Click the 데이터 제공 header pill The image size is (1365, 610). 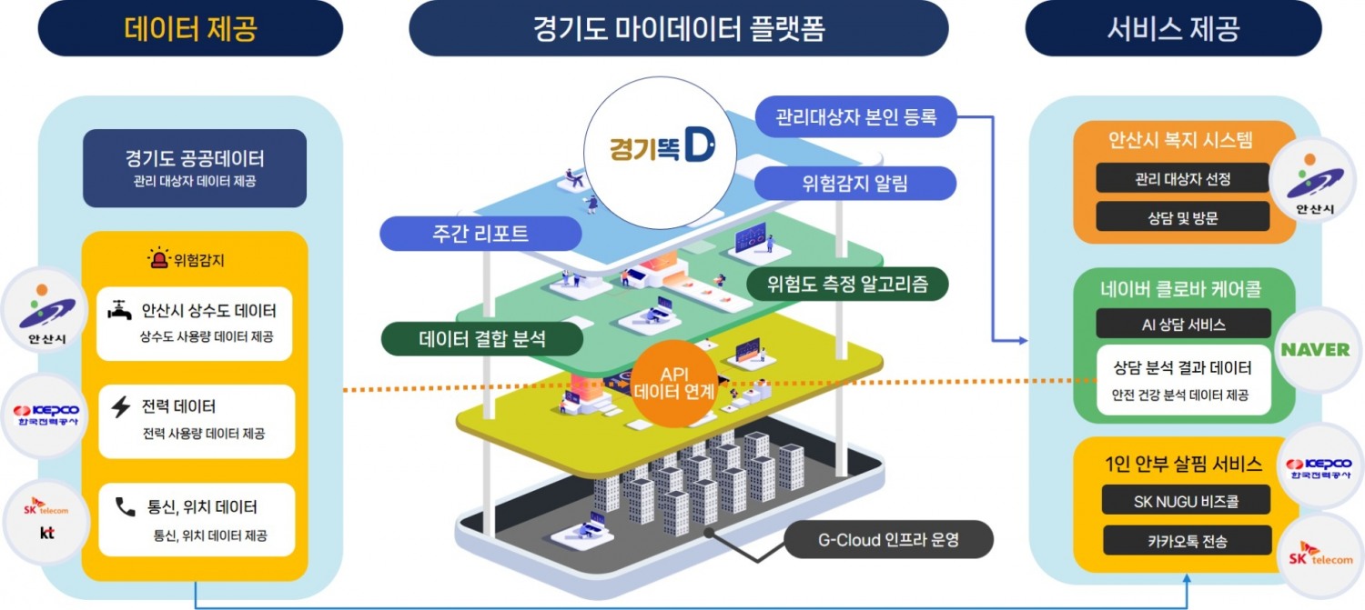[190, 28]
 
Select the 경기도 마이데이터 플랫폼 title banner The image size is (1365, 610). [679, 28]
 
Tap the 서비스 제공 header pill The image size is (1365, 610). [1173, 28]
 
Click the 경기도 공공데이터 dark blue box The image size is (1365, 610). [195, 168]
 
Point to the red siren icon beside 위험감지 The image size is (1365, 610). [160, 260]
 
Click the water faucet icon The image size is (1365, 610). [119, 311]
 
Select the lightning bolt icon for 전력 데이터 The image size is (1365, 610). [120, 406]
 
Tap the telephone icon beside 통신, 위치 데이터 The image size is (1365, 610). [125, 507]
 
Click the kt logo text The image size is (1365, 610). [46, 533]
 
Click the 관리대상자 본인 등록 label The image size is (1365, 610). [855, 116]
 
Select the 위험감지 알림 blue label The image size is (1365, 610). [855, 184]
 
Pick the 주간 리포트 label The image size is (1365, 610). [481, 234]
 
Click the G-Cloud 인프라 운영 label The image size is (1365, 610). [887, 542]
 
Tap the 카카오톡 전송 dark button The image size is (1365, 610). [1186, 541]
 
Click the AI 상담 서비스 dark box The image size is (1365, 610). [1183, 324]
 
